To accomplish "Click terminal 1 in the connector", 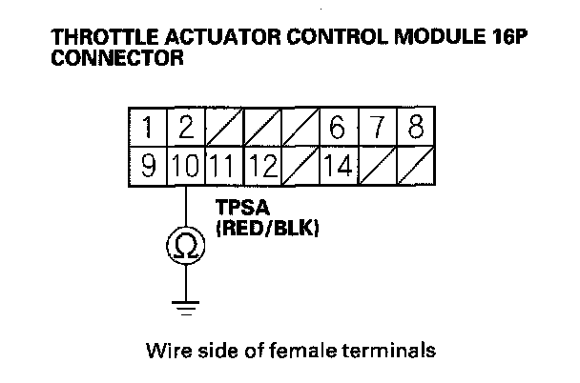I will click(148, 128).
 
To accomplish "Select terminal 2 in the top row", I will click(187, 128).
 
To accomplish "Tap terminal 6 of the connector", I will click(336, 128).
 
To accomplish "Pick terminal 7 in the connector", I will click(376, 128).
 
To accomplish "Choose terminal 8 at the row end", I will click(414, 128).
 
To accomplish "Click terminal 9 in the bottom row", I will click(148, 166).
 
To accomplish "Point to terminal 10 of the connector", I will click(187, 166).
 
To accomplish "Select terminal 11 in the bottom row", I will click(224, 166).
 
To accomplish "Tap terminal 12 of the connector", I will click(261, 166).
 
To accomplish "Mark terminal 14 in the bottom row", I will click(336, 166).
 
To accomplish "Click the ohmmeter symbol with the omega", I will click(186, 246).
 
